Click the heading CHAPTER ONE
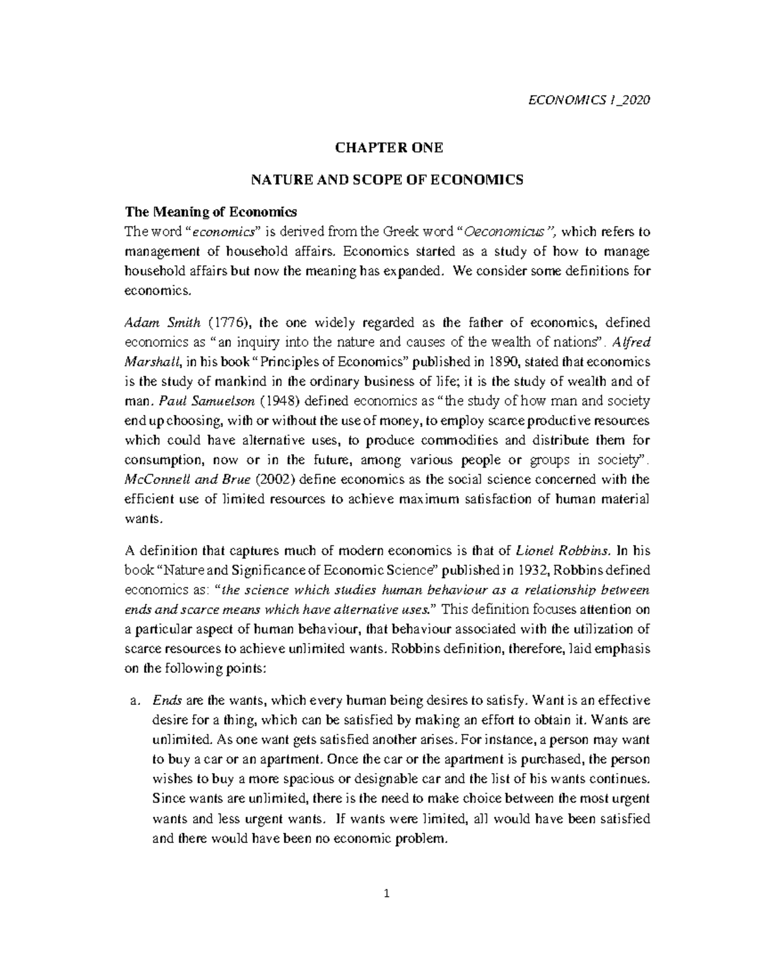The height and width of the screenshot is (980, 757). click(389, 148)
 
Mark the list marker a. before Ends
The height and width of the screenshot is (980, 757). click(133, 700)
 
